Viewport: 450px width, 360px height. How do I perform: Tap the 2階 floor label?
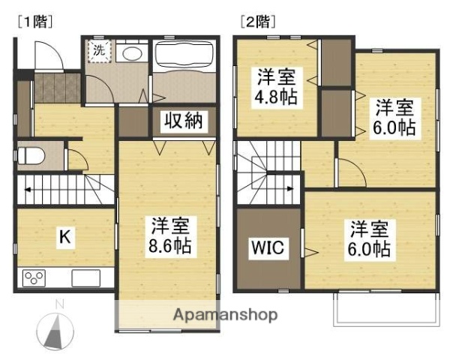click(x=255, y=21)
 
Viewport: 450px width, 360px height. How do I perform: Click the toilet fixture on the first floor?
click(x=31, y=157)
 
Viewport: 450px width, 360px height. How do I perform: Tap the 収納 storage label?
click(x=181, y=121)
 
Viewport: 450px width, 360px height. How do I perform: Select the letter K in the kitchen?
click(x=65, y=238)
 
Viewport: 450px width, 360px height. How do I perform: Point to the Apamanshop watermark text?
click(x=226, y=315)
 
